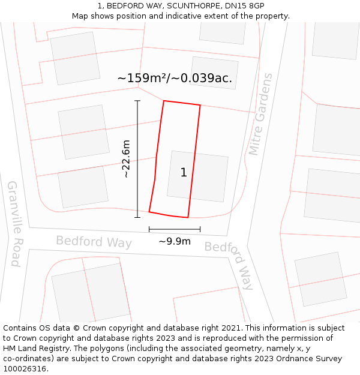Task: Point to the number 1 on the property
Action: tap(184, 173)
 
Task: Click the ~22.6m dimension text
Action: tap(126, 159)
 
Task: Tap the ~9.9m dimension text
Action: tap(175, 241)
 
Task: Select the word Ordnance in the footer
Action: tap(301, 359)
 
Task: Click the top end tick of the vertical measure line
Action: tap(137, 101)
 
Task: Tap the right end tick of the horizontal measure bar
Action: tap(200, 229)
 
